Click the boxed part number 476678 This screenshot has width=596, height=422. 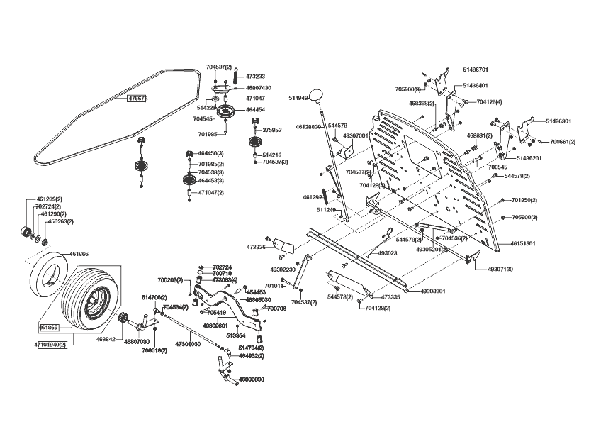click(137, 99)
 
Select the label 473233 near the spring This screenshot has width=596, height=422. click(255, 76)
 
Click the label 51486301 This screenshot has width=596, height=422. click(558, 121)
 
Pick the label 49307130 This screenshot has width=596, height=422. click(500, 270)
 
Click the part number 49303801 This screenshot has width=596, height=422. click(432, 291)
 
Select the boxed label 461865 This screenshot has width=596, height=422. click(48, 328)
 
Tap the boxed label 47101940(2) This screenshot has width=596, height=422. click(50, 345)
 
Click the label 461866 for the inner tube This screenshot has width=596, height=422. click(79, 254)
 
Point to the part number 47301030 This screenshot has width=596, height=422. click(187, 343)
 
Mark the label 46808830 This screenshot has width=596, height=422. click(252, 379)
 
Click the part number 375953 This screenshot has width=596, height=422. click(272, 130)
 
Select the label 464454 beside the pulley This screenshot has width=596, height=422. click(255, 110)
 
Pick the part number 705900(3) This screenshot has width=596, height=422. click(524, 217)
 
